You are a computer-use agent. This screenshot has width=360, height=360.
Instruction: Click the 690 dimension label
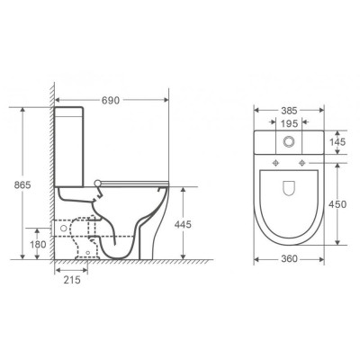coord(111,100)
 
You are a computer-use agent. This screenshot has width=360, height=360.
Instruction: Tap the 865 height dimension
coord(22,184)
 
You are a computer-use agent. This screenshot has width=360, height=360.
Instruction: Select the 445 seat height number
coord(183,224)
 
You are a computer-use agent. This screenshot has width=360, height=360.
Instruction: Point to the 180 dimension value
coord(38,245)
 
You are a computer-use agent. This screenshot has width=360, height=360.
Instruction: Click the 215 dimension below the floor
coord(72,280)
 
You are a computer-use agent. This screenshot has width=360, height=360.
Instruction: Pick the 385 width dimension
coord(289,111)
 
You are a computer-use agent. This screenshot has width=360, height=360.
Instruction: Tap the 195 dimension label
coord(289,123)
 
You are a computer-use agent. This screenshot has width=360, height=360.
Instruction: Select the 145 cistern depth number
coord(337,142)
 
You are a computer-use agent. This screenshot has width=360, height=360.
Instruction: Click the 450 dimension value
coord(337,204)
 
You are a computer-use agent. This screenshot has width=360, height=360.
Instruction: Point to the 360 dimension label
coord(289,258)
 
